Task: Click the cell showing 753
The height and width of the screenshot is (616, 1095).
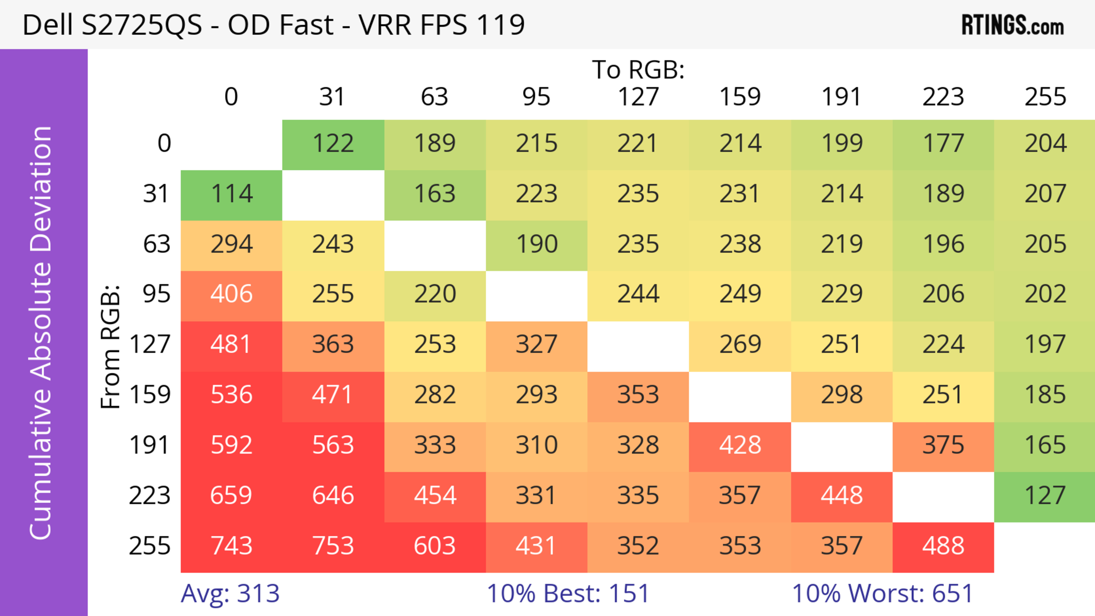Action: [x=333, y=546]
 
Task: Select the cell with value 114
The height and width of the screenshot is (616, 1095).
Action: [x=232, y=194]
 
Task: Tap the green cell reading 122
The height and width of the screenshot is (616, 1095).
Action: [x=333, y=144]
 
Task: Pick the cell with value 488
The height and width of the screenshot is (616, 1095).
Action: [x=943, y=546]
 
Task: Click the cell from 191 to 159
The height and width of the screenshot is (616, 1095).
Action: [x=740, y=446]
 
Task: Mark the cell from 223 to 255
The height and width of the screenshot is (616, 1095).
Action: [x=1045, y=496]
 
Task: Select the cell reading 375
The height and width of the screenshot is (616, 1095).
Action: [x=943, y=446]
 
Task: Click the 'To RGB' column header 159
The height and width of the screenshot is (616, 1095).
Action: [x=740, y=97]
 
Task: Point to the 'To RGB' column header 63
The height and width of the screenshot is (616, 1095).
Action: [x=434, y=97]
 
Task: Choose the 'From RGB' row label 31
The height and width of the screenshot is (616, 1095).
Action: [x=157, y=194]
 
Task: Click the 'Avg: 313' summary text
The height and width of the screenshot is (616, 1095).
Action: [x=230, y=593]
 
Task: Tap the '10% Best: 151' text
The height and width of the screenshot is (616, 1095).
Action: [x=568, y=593]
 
